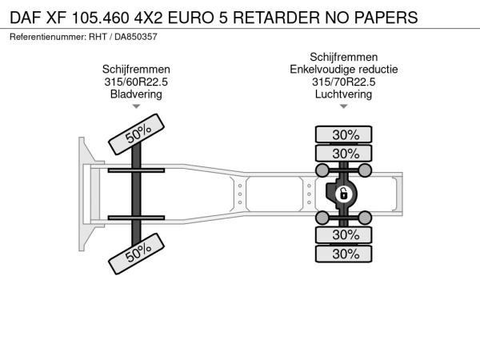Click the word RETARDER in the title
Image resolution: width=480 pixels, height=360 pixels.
[x=277, y=18]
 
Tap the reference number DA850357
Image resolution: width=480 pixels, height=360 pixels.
[x=136, y=37]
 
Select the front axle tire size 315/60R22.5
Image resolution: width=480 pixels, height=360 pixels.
[x=136, y=82]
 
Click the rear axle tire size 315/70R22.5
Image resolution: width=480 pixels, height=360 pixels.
[x=343, y=82]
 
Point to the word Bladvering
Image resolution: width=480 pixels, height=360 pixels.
[x=136, y=94]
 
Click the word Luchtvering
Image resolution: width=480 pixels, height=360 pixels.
[x=343, y=94]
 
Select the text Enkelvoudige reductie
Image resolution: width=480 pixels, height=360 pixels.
[x=343, y=69]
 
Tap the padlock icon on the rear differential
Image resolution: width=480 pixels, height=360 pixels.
[x=344, y=194]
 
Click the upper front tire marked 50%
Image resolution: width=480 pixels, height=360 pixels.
[x=137, y=134]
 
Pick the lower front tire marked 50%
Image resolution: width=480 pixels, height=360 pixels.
[x=137, y=254]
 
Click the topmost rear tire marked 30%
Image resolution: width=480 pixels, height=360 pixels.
[x=343, y=134]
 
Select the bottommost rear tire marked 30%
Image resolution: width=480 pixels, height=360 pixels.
[x=343, y=254]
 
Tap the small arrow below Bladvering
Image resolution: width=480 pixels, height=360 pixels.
[x=136, y=106]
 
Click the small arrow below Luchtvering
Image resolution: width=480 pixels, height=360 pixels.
[x=343, y=106]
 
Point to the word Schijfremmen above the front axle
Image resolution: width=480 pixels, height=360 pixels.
[x=136, y=69]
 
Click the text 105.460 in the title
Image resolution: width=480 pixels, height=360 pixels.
[x=101, y=18]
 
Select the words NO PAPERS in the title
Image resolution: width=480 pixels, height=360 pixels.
[x=371, y=18]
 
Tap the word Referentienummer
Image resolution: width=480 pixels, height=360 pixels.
[x=48, y=37]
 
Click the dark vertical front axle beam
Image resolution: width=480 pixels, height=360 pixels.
[x=136, y=194]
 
